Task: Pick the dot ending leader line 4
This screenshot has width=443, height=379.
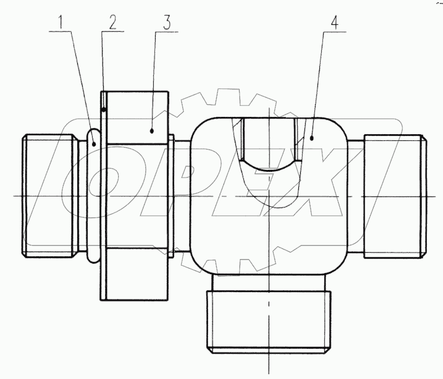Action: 311,138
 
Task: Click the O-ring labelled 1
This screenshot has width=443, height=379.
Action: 93,196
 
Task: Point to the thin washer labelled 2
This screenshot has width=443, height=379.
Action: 103,196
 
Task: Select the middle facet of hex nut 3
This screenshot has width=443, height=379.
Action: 137,196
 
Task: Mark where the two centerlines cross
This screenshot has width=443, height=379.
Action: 269,196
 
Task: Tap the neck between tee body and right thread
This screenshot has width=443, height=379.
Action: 356,196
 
